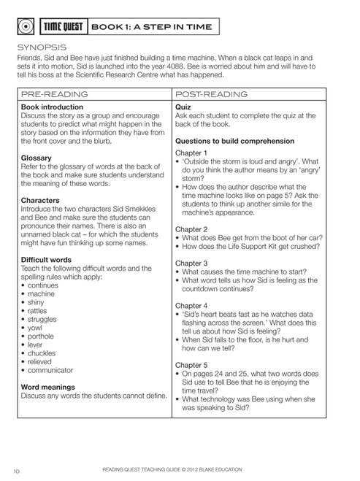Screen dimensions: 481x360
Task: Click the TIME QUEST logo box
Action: [x=62, y=27]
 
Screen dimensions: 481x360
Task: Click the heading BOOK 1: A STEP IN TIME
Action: [x=151, y=27]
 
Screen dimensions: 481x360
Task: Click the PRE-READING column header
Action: [x=55, y=94]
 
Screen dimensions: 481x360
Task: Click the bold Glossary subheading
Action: [x=37, y=157]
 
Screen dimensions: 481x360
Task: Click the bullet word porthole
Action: [x=42, y=336]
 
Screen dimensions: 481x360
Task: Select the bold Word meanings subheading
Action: [x=50, y=387]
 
